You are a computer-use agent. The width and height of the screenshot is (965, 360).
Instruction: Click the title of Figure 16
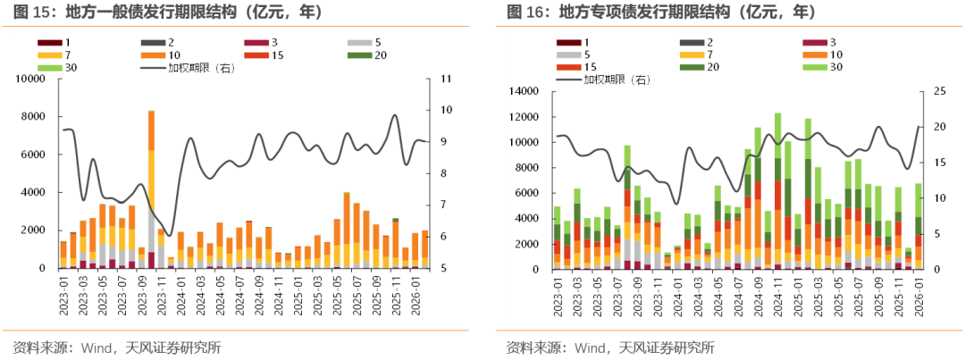pos(660,13)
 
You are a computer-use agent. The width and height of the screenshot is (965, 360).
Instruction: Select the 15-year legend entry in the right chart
pos(580,67)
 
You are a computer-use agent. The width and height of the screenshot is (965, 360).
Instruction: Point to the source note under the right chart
pos(610,347)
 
